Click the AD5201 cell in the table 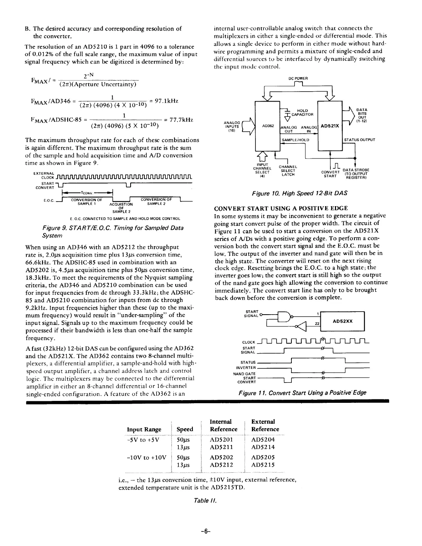point(222,439)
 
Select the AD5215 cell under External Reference point(263,465)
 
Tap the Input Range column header point(144,429)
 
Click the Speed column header point(185,429)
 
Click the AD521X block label point(331,125)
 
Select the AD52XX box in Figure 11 point(343,321)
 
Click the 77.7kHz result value point(178,120)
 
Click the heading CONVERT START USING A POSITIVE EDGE point(281,208)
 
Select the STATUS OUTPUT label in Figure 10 point(359,140)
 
